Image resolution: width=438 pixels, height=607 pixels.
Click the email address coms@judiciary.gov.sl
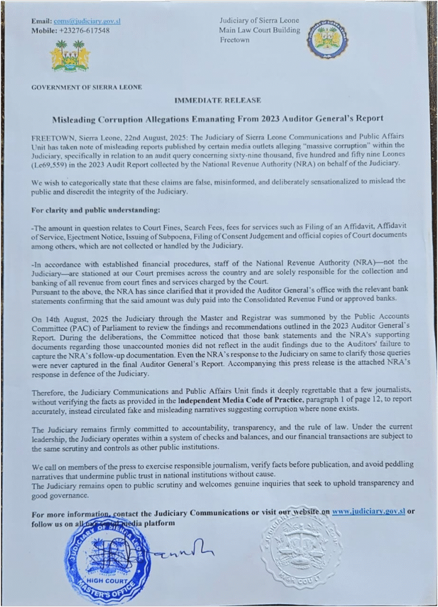pos(87,21)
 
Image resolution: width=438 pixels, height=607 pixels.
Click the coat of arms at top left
pos(70,56)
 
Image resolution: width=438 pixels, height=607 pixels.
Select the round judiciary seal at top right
pos(327,39)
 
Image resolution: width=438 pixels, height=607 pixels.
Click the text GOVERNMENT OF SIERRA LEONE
pos(87,87)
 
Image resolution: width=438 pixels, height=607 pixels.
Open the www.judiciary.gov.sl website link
pos(368,511)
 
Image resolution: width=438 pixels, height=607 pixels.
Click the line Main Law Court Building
pos(258,30)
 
